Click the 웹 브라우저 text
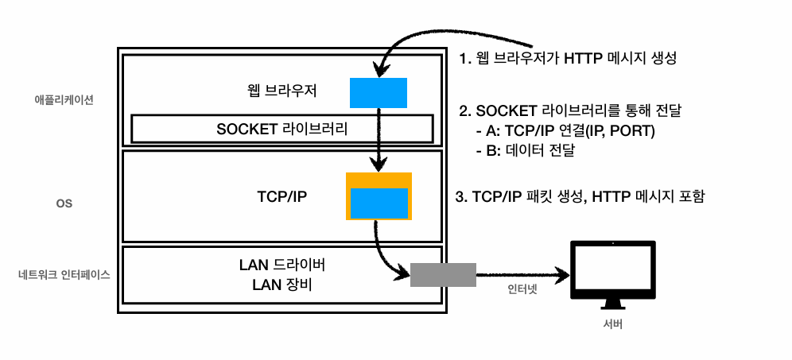point(282,91)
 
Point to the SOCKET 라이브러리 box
point(281,128)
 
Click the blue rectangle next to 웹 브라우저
point(379,92)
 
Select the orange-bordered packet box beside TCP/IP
point(379,195)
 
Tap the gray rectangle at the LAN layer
point(443,275)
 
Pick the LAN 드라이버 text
point(282,264)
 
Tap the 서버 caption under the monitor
point(614,325)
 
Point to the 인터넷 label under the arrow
point(522,289)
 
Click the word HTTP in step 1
point(584,58)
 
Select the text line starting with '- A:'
point(565,130)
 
